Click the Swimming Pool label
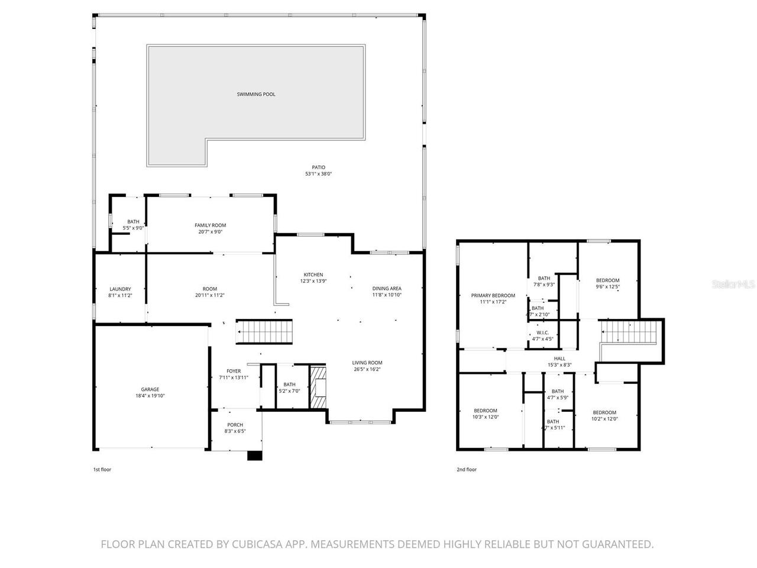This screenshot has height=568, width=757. click(x=256, y=95)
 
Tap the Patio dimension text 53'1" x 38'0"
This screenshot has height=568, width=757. click(x=319, y=175)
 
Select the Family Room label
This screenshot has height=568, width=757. click(x=211, y=225)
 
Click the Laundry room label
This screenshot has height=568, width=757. click(x=120, y=289)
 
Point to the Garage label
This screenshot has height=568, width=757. click(x=150, y=389)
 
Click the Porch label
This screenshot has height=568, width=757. click(x=235, y=425)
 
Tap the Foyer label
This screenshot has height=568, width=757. click(x=234, y=371)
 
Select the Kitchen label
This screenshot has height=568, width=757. click(x=313, y=275)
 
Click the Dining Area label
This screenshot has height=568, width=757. click(x=387, y=289)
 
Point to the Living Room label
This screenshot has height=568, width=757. click(x=367, y=363)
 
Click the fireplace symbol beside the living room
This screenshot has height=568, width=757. click(x=318, y=388)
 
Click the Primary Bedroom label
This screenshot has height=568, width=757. click(x=493, y=295)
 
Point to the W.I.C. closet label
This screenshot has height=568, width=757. click(x=542, y=333)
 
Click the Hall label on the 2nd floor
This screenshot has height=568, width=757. click(x=559, y=359)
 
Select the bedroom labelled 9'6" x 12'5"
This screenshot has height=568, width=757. click(x=607, y=280)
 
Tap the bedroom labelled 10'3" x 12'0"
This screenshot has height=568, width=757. click(x=486, y=411)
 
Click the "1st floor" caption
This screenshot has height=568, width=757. click(x=102, y=470)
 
